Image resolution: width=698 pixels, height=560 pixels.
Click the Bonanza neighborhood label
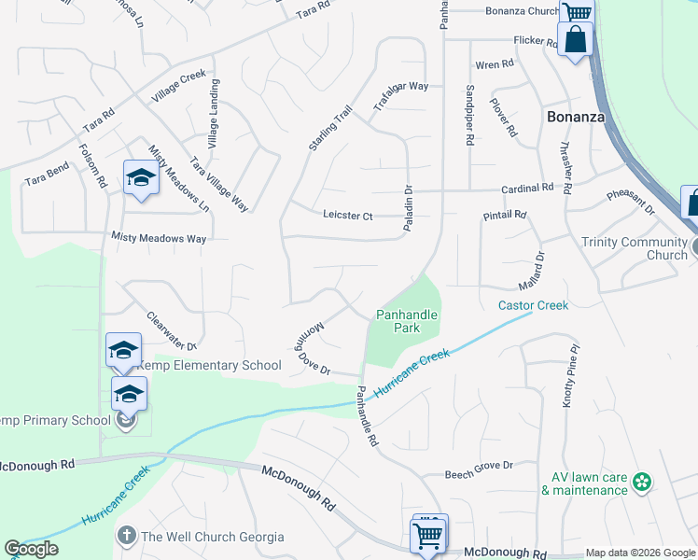tap(575, 118)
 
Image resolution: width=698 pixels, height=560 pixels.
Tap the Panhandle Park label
tap(407, 321)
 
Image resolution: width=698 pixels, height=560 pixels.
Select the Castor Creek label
tap(533, 305)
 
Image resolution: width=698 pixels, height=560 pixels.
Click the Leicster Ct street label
tap(347, 217)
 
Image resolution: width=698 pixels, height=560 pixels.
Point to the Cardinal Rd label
tap(527, 188)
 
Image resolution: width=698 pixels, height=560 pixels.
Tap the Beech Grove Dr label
tap(479, 465)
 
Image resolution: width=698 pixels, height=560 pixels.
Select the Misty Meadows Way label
tap(158, 238)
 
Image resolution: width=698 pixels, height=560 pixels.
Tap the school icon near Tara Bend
tap(141, 177)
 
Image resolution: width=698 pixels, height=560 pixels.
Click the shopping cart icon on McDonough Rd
tap(427, 537)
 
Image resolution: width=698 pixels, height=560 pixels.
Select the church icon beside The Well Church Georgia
tap(126, 536)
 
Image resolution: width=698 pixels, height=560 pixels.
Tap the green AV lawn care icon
tap(641, 482)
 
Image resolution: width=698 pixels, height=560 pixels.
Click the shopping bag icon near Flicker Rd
tap(575, 40)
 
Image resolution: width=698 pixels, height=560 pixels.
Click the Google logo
tap(31, 549)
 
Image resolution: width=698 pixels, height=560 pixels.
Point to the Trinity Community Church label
tap(634, 248)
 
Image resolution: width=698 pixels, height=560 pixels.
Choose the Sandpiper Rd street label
tap(469, 120)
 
